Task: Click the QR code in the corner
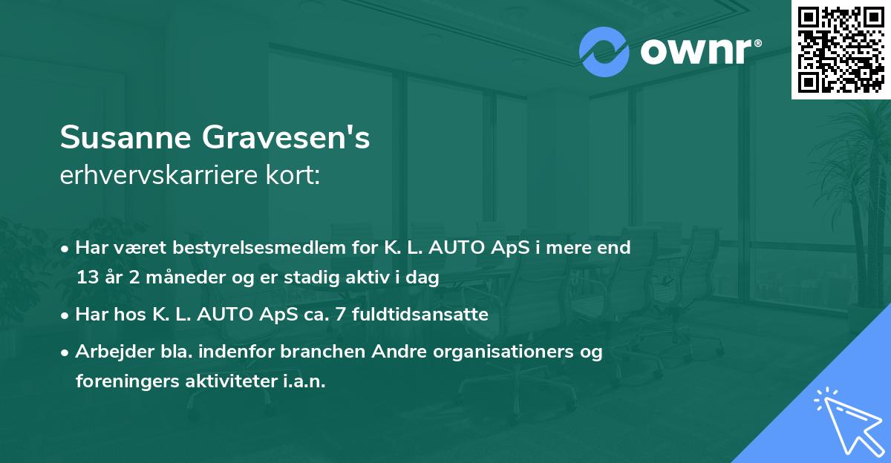pyautogui.click(x=841, y=49)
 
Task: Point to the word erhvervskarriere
pyautogui.click(x=154, y=176)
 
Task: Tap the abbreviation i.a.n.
pyautogui.click(x=304, y=381)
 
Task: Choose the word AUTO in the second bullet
pyautogui.click(x=216, y=315)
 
